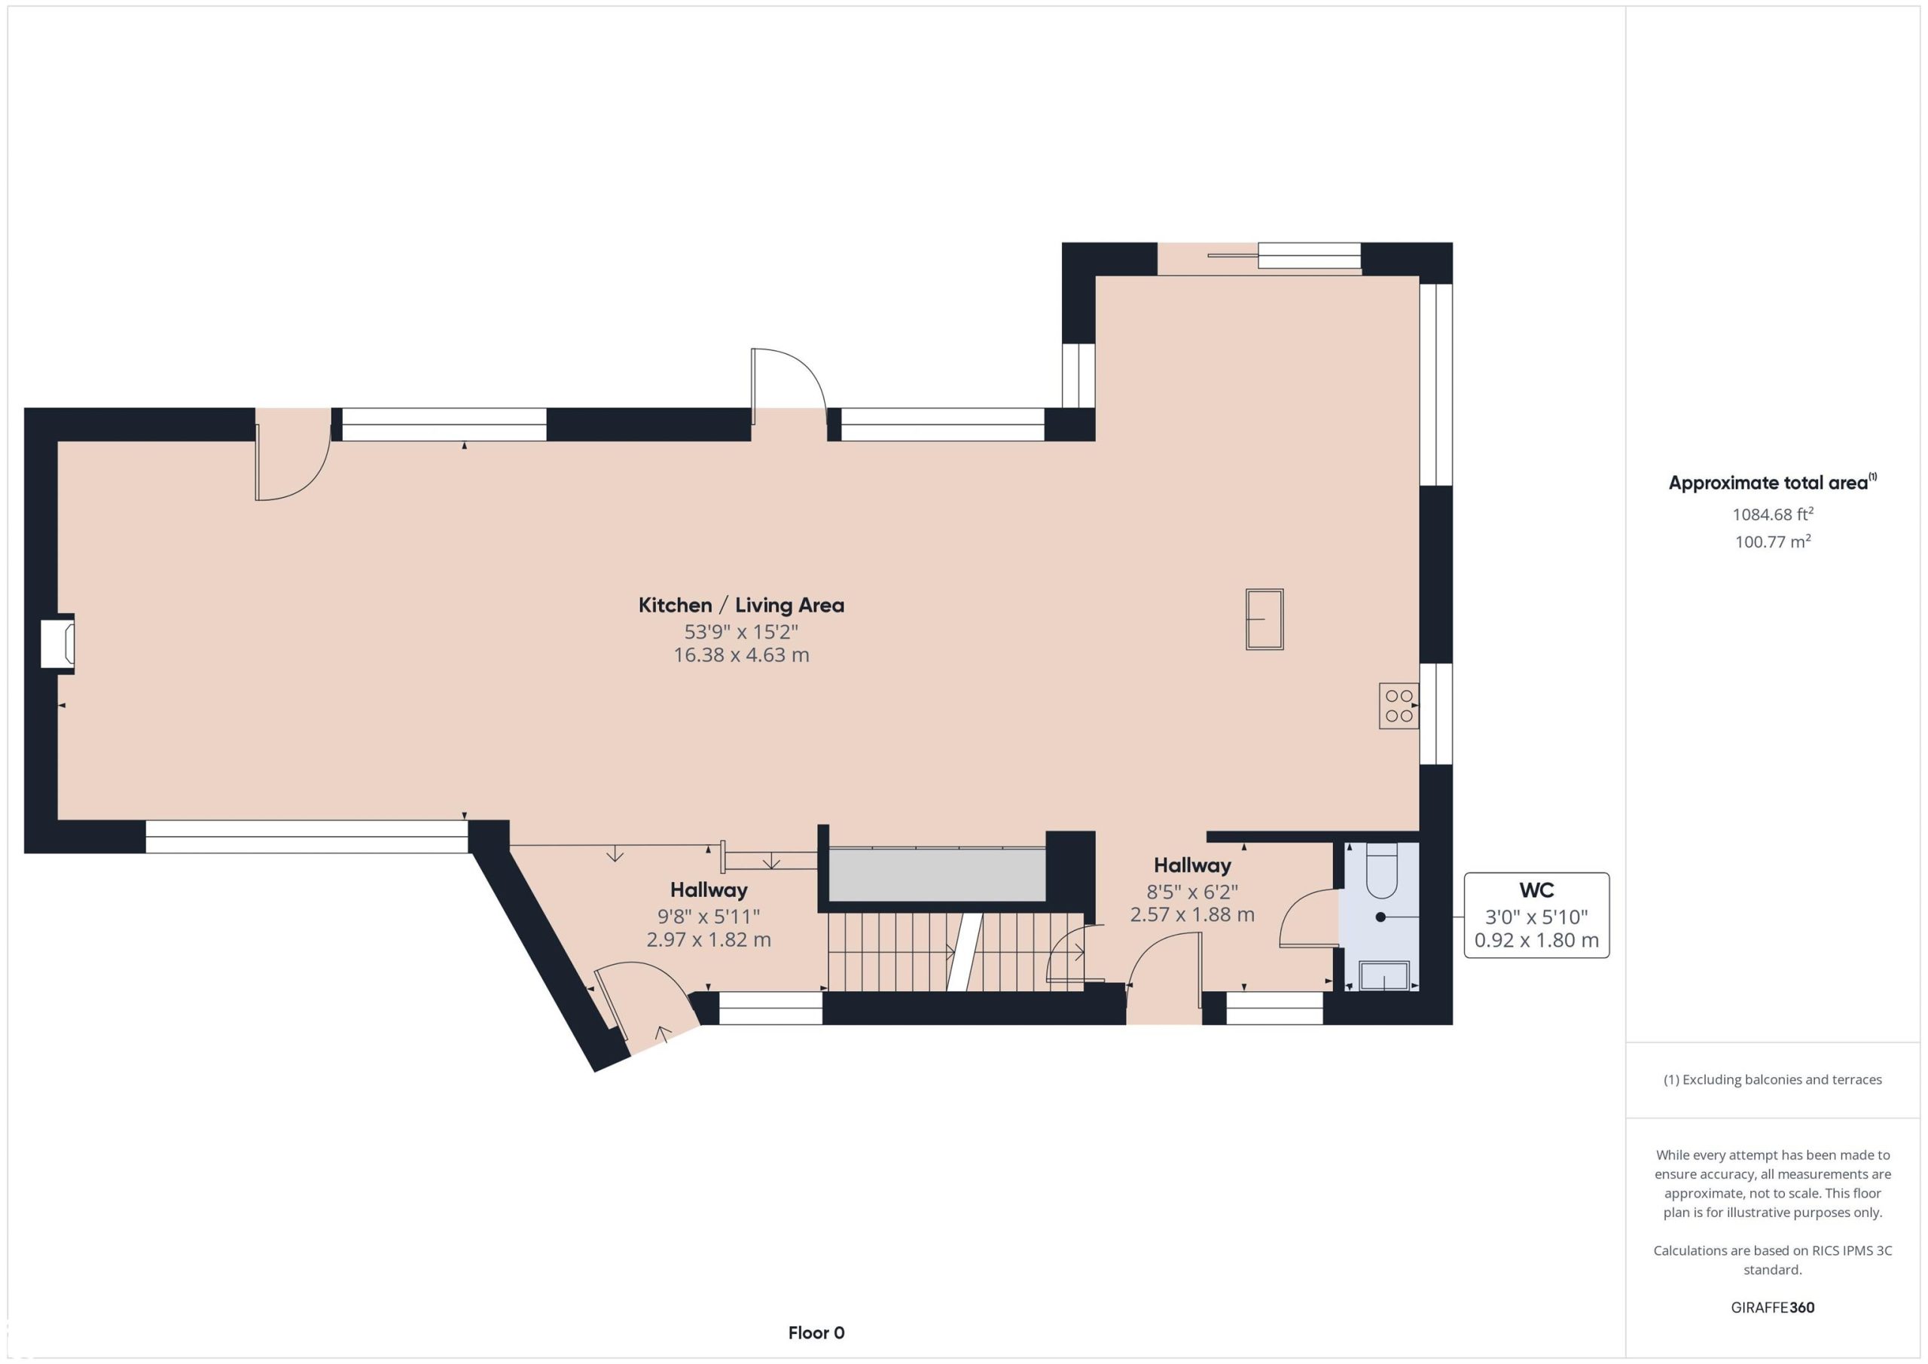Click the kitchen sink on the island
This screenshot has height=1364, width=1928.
pos(1264,619)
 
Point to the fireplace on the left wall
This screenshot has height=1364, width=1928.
pos(58,644)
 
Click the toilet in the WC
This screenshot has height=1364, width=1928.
pos(1380,871)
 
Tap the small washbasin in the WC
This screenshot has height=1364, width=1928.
pos(1383,976)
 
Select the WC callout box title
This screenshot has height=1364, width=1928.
pos(1536,890)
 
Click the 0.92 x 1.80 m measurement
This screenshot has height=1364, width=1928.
pos(1536,940)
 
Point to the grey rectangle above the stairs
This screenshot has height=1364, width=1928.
pos(936,874)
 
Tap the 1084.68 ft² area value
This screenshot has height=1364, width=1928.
pos(1772,514)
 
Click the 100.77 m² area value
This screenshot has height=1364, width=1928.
pos(1772,542)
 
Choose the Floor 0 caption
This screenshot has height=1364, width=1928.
pos(816,1333)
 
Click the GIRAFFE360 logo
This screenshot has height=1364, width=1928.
pos(1772,1308)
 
